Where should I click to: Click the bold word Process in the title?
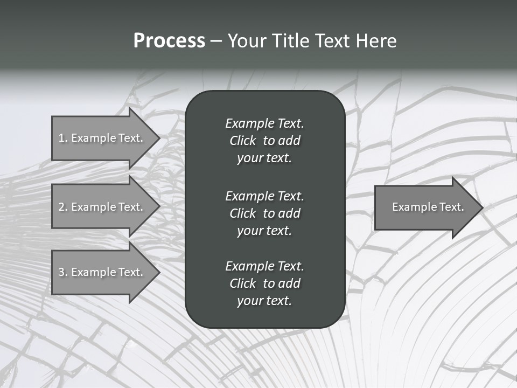click(x=169, y=41)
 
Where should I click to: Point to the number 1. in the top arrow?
click(x=63, y=138)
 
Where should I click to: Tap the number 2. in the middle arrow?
click(x=63, y=207)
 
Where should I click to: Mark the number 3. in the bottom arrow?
click(x=63, y=272)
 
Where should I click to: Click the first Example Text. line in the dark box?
click(x=264, y=123)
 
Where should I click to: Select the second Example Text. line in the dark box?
click(x=264, y=196)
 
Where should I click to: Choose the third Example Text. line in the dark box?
click(x=264, y=266)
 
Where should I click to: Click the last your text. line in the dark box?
click(x=264, y=301)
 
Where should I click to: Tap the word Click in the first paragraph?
click(x=242, y=141)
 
